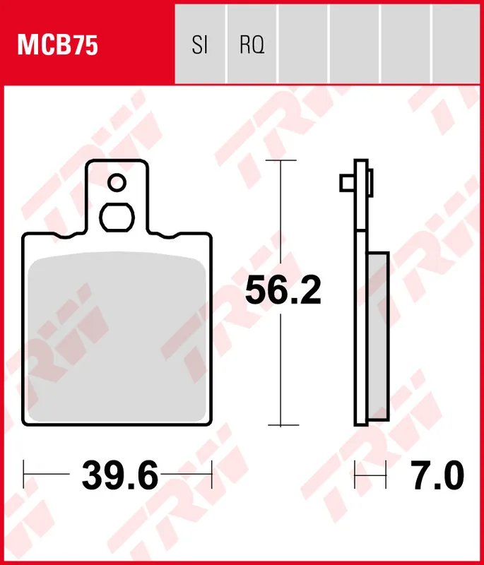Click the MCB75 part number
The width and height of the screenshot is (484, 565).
[58, 46]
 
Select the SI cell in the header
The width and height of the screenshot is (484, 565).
[200, 46]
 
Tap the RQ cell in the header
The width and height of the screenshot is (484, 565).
[252, 46]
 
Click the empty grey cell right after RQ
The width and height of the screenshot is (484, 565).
[302, 46]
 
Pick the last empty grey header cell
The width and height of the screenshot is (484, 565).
[456, 46]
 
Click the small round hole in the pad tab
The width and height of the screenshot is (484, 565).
[117, 184]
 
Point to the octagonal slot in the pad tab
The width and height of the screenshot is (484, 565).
[117, 217]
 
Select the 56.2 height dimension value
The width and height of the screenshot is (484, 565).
[283, 291]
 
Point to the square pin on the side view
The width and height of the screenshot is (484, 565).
[346, 182]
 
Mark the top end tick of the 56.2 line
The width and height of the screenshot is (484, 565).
[281, 161]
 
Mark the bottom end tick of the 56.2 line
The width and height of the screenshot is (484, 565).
[281, 425]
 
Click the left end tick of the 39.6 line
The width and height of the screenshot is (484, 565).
[24, 475]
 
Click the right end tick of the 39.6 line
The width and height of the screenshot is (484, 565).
[211, 475]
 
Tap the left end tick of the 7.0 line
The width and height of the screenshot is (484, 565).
[355, 475]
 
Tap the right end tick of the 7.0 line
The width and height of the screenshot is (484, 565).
[386, 475]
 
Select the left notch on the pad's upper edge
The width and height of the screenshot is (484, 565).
[72, 234]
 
